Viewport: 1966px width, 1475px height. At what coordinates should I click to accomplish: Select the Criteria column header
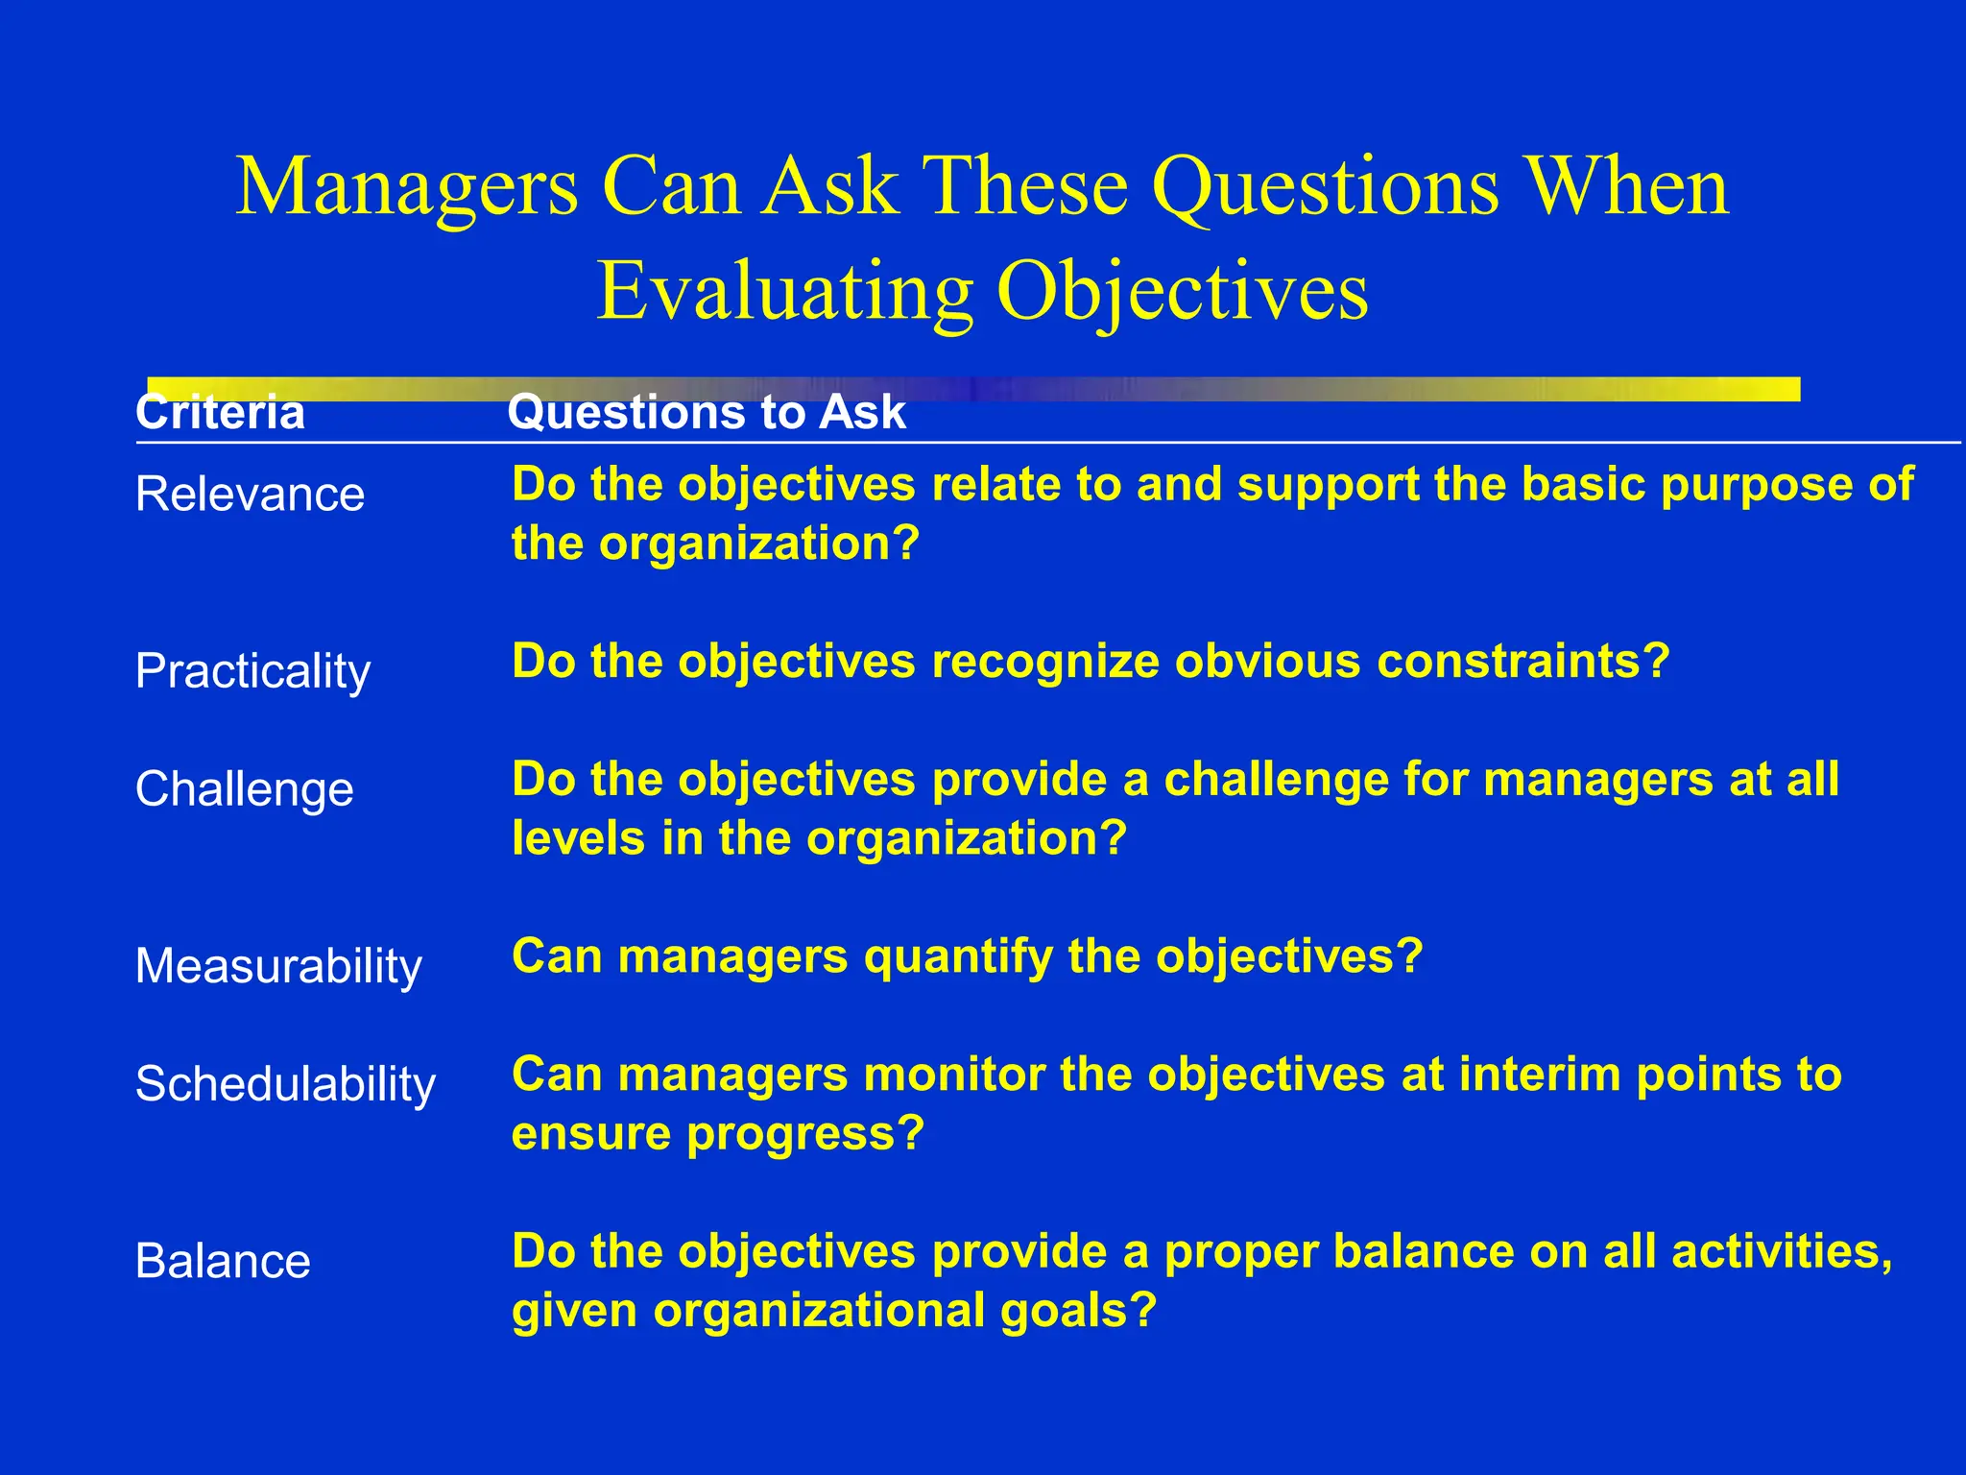click(x=220, y=413)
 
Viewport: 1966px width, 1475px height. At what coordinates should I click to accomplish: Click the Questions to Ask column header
click(x=707, y=413)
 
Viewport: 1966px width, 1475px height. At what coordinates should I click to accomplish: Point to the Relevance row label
click(x=250, y=495)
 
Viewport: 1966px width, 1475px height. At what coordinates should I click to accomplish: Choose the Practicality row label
click(x=252, y=671)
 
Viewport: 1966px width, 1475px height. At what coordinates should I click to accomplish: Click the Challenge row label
click(x=244, y=789)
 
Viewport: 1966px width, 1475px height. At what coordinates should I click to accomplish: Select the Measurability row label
click(x=278, y=966)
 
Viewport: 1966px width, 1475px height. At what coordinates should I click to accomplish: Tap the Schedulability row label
click(x=285, y=1084)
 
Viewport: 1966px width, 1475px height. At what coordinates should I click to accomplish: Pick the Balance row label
click(x=223, y=1261)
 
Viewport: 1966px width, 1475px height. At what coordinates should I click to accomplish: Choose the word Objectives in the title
click(x=1182, y=292)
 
